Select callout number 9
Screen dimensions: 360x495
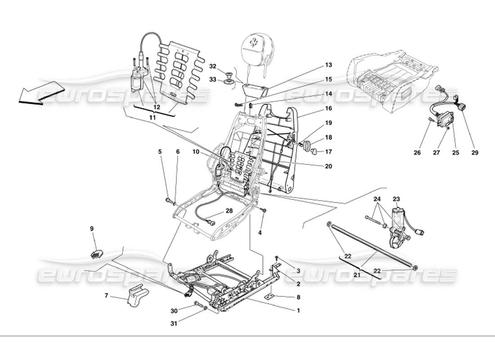pyautogui.click(x=92, y=228)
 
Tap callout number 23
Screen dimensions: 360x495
pyautogui.click(x=396, y=198)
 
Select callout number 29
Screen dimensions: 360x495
pyautogui.click(x=474, y=153)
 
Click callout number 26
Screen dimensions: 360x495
pyautogui.click(x=417, y=153)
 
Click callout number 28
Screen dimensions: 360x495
pyautogui.click(x=229, y=211)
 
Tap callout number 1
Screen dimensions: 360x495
pyautogui.click(x=297, y=310)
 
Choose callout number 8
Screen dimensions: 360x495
pyautogui.click(x=297, y=297)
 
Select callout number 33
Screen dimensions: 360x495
pyautogui.click(x=213, y=80)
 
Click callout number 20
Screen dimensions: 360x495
pyautogui.click(x=328, y=166)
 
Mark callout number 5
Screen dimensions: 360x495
pyautogui.click(x=160, y=152)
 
